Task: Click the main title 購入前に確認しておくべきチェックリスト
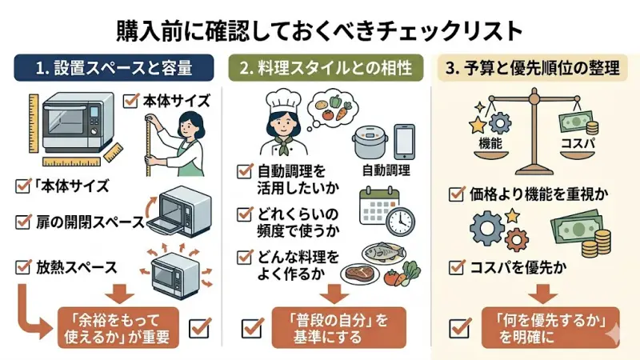[320, 30]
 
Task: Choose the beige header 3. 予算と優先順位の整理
[533, 68]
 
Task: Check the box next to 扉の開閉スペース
[23, 221]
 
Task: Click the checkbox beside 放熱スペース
[23, 266]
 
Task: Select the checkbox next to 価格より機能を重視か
[456, 194]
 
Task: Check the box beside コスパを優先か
[456, 266]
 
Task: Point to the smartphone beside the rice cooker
[405, 142]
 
